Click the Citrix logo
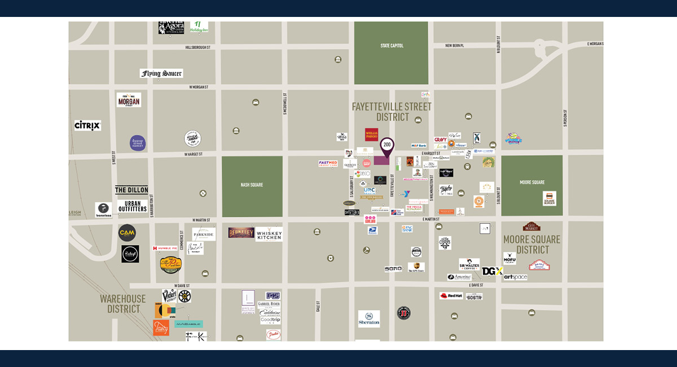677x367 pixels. pos(87,125)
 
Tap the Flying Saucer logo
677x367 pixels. pos(161,73)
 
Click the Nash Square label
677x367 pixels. pos(252,185)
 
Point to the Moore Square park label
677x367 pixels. pos(531,182)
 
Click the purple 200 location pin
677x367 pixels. pos(386,146)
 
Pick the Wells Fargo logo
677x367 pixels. pos(371,134)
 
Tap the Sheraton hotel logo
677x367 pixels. pos(369,318)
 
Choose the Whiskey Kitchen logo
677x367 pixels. pos(269,234)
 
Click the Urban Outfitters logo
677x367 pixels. pos(133,206)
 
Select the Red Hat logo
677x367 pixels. pos(451,295)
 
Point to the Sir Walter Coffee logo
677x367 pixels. pos(469,264)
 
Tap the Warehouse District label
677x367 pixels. pos(123,303)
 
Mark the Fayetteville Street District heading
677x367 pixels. pos(392,112)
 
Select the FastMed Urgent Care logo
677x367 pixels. pos(328,163)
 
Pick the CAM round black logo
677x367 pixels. pos(127,233)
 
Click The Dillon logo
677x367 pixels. pos(131,190)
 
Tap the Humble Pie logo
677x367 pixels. pos(165,248)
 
